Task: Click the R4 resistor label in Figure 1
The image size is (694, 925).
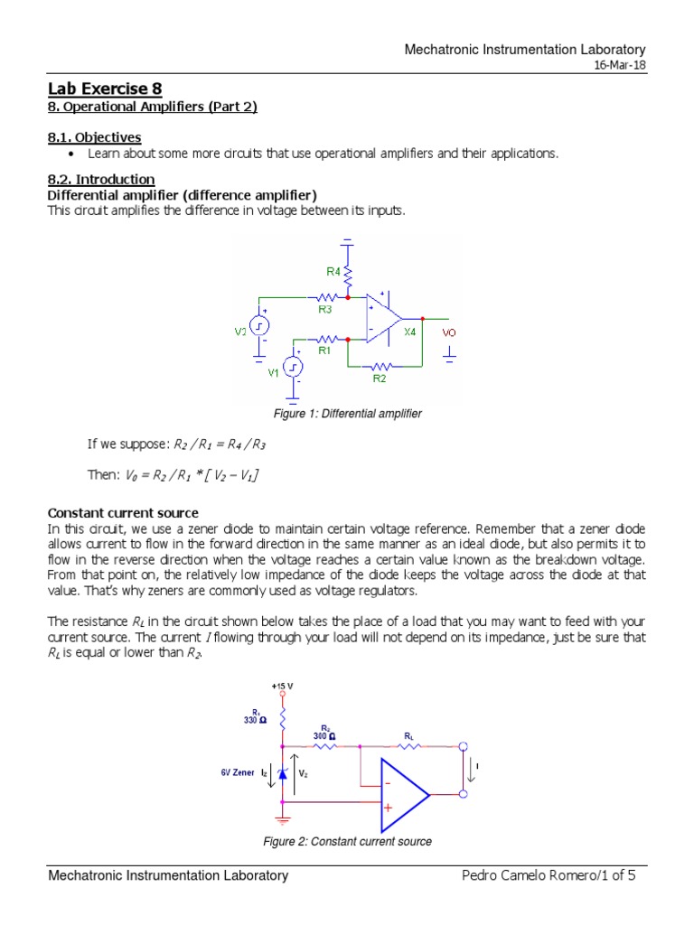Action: pos(333,270)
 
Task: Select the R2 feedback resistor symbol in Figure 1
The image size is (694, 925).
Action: pos(380,367)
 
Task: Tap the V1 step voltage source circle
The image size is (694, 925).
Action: pos(293,367)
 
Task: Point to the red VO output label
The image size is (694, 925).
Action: pos(449,332)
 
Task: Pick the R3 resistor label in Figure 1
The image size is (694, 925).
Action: pos(325,308)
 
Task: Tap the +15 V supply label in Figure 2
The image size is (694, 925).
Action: pos(282,686)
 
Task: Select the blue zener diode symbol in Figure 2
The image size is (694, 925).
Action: pos(283,773)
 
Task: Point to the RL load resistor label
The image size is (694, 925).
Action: pos(409,735)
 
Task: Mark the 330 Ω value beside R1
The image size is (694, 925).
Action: pos(255,720)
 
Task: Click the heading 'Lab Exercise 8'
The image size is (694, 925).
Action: pos(98,89)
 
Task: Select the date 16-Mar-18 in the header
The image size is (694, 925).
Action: pos(621,68)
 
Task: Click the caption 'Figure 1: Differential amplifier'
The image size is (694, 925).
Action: pos(347,414)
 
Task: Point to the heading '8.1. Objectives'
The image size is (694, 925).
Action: pos(94,137)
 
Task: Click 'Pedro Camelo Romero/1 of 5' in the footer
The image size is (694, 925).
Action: pos(553,875)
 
